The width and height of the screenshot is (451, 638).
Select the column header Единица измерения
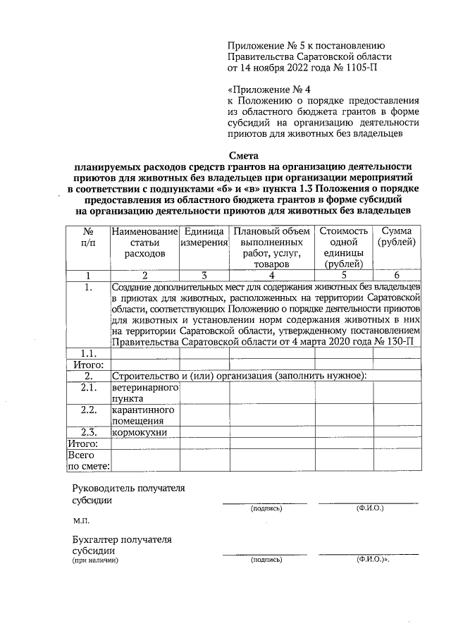(204, 237)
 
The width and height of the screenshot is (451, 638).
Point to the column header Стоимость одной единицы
(343, 247)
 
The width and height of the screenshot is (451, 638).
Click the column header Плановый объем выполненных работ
(271, 247)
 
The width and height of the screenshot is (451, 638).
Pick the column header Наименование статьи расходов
(143, 242)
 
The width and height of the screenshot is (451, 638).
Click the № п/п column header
(88, 237)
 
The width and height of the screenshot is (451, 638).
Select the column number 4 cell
(271, 276)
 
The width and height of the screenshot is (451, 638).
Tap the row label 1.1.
(88, 353)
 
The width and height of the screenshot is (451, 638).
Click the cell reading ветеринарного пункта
(144, 393)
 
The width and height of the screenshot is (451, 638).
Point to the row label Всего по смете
(88, 460)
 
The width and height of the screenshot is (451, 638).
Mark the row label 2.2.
(88, 410)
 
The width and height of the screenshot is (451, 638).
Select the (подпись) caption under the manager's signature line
(266, 508)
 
